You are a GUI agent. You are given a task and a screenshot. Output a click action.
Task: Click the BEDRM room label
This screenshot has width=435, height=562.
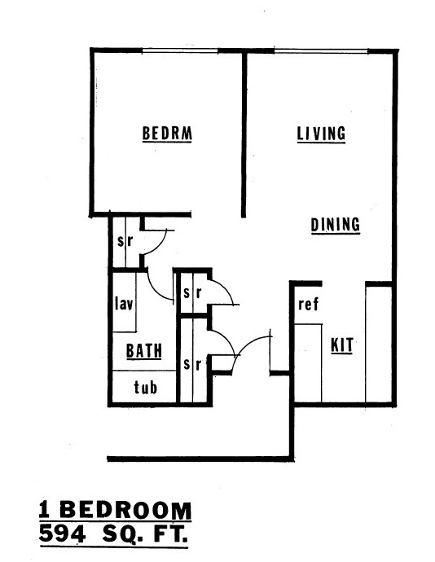click(167, 134)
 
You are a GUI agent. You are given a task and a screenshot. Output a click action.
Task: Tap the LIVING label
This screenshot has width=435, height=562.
click(321, 134)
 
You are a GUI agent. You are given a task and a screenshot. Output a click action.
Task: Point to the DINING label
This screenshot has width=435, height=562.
click(335, 226)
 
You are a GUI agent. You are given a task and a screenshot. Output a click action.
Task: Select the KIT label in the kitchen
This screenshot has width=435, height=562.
click(342, 345)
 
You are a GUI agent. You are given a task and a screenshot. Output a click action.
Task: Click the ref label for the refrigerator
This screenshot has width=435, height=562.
click(307, 305)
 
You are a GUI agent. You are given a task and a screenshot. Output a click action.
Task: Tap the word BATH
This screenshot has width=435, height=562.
click(143, 352)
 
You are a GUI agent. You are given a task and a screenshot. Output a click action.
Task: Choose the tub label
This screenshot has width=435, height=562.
click(145, 388)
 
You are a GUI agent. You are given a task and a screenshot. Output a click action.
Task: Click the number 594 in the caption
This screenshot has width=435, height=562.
click(68, 536)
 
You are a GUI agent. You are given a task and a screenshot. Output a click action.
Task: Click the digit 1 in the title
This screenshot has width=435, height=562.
click(46, 512)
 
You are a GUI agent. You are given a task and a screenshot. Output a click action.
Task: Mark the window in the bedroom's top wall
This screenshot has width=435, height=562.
click(180, 52)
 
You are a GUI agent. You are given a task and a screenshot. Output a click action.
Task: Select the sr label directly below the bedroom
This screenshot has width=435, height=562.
click(125, 241)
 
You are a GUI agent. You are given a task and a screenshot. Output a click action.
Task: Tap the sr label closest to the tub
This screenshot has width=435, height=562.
click(191, 364)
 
